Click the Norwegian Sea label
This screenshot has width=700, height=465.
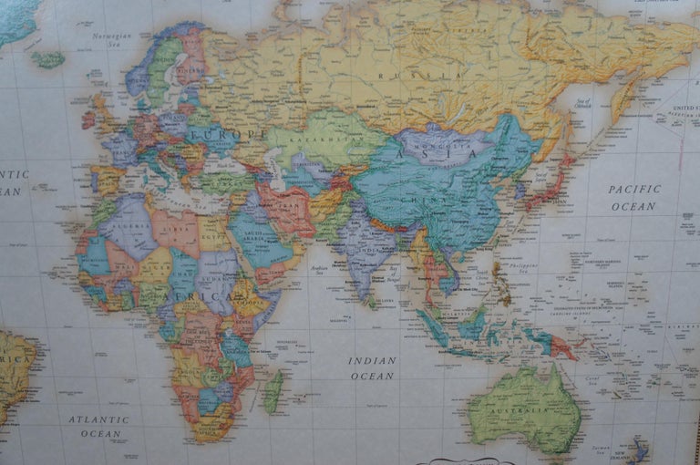[x=111, y=38]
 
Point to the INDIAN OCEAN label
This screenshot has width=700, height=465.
[x=373, y=367]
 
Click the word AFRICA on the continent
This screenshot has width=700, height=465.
[x=186, y=297]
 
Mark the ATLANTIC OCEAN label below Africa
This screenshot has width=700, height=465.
[x=99, y=426]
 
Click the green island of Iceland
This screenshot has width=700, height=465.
[x=47, y=59]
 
